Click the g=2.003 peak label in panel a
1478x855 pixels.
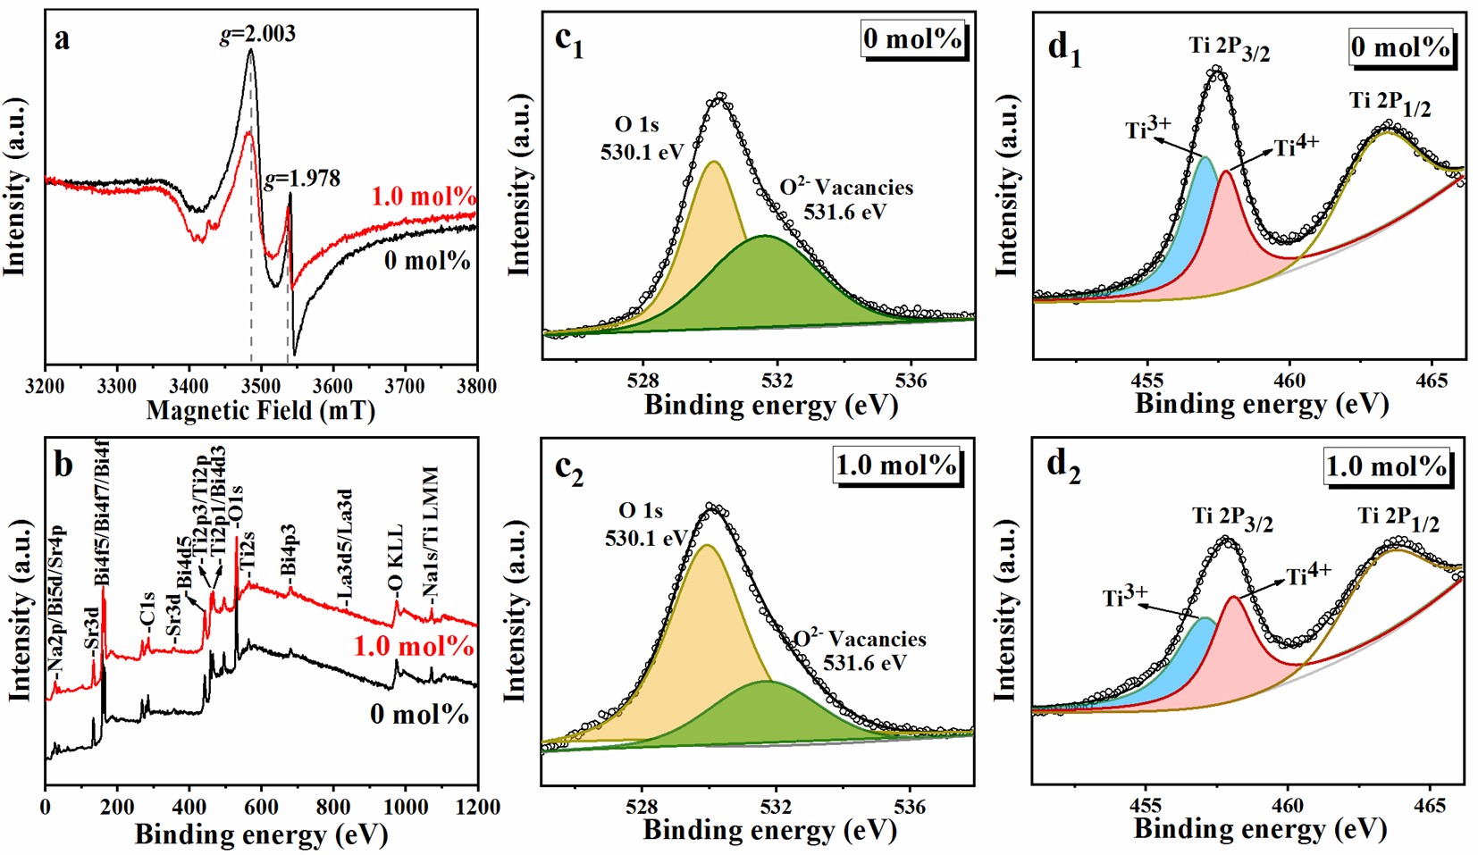coord(257,34)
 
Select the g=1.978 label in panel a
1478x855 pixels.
coord(303,179)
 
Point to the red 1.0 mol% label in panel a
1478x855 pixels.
coord(424,197)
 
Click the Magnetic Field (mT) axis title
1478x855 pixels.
coord(260,411)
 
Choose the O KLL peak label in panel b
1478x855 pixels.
coord(395,560)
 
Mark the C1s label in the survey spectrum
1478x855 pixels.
coord(147,613)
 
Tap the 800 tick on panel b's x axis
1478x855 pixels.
coord(333,808)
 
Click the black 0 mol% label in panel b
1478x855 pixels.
coord(419,714)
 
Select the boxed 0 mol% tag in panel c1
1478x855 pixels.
coord(912,39)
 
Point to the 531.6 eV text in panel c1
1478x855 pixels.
coord(844,212)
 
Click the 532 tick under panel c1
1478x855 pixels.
coord(777,381)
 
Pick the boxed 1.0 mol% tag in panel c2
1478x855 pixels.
coord(896,465)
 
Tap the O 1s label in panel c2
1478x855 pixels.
coord(641,511)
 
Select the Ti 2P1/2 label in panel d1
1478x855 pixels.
coord(1390,104)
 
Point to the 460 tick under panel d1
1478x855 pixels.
coord(1289,381)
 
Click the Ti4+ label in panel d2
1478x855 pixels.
coord(1309,574)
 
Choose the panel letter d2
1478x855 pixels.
coord(1063,466)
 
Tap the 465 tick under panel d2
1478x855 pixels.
coord(1430,806)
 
